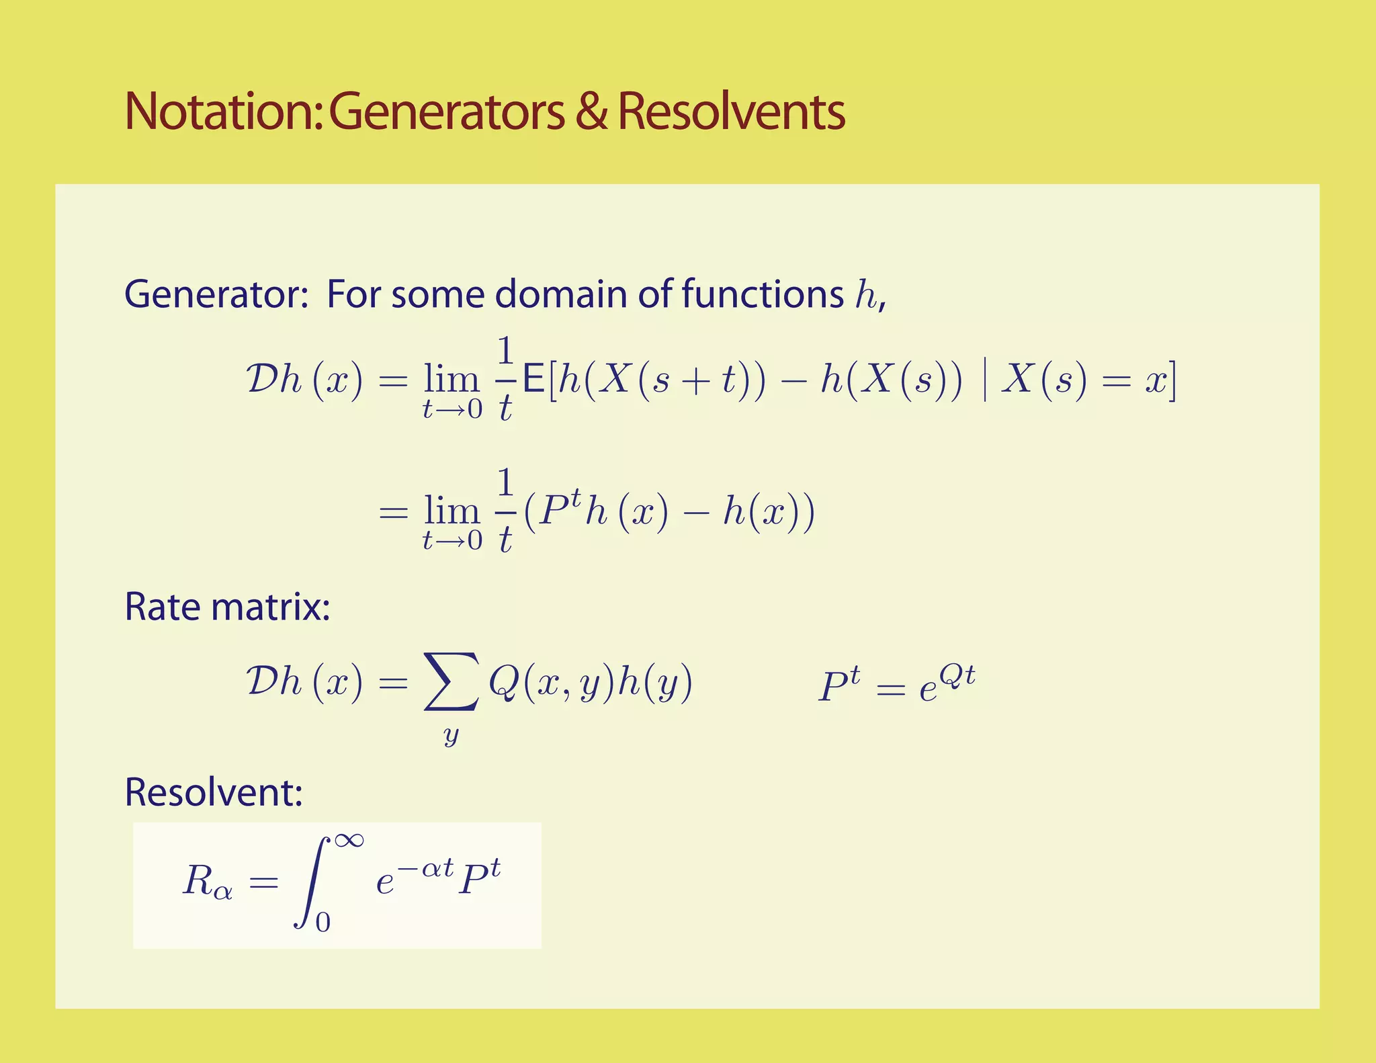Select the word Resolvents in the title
(x=731, y=112)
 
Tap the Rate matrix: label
(x=227, y=607)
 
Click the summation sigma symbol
(x=451, y=682)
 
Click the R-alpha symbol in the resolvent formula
(x=207, y=882)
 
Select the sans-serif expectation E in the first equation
(x=533, y=381)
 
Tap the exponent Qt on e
(x=957, y=675)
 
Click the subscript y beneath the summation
(x=451, y=735)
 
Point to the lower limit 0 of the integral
(x=323, y=923)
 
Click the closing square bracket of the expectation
(x=1172, y=381)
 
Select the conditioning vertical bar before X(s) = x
(x=984, y=381)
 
